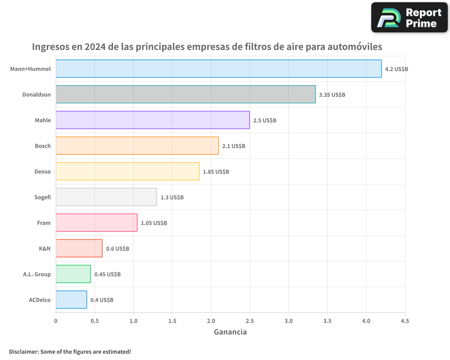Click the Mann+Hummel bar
pyautogui.click(x=219, y=69)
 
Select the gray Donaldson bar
pyautogui.click(x=185, y=94)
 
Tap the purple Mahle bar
pyautogui.click(x=153, y=120)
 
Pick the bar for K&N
pyautogui.click(x=79, y=248)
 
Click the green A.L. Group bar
pyautogui.click(x=73, y=274)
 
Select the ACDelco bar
pyautogui.click(x=71, y=300)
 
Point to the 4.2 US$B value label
pyautogui.click(x=396, y=69)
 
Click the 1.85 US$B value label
pyautogui.click(x=216, y=172)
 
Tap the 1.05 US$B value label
pyautogui.click(x=154, y=223)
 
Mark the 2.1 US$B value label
pyautogui.click(x=234, y=146)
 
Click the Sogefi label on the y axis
pyautogui.click(x=42, y=197)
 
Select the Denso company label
pyautogui.click(x=42, y=171)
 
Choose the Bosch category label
pyautogui.click(x=43, y=146)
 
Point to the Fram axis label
pyautogui.click(x=44, y=223)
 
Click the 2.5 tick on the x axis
pyautogui.click(x=250, y=321)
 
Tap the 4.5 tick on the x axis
pyautogui.click(x=405, y=321)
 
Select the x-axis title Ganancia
pyautogui.click(x=230, y=332)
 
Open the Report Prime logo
pyautogui.click(x=409, y=18)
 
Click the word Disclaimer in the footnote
pyautogui.click(x=23, y=352)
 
